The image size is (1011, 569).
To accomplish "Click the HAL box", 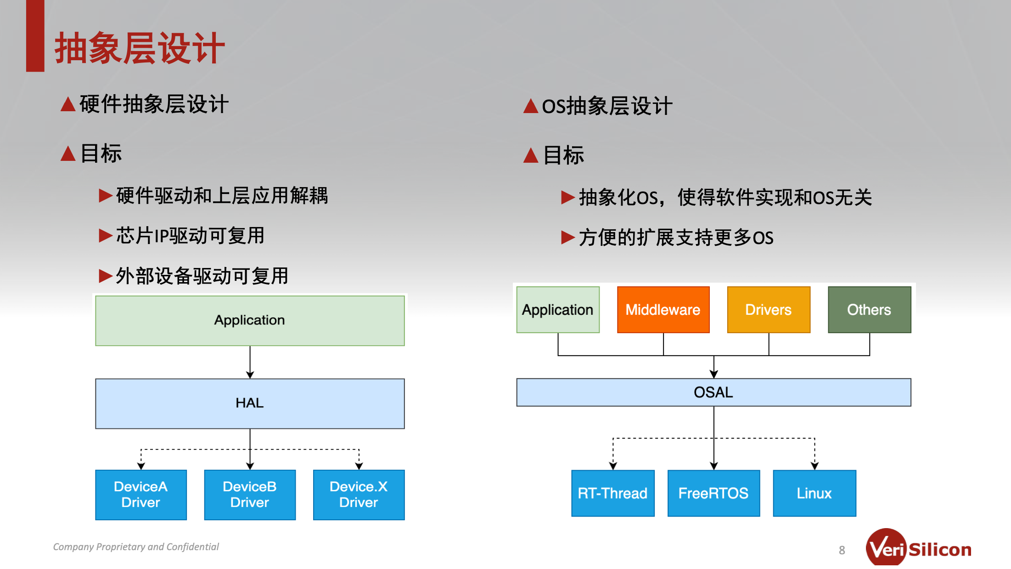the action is click(x=250, y=404).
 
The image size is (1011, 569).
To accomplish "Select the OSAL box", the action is click(x=713, y=393).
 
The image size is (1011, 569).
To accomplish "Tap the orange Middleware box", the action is click(x=663, y=310).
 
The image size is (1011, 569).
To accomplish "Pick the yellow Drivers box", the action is click(x=769, y=310).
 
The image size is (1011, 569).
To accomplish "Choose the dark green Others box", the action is click(x=869, y=310).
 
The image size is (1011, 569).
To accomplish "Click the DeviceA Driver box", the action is click(x=141, y=495).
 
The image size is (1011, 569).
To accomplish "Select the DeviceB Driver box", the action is click(x=250, y=495).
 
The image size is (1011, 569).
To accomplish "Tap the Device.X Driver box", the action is click(x=359, y=495).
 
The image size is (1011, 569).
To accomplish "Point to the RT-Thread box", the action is click(x=612, y=493).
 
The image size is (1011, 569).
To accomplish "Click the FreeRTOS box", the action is click(x=713, y=493).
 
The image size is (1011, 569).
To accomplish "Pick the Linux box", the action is click(x=814, y=493).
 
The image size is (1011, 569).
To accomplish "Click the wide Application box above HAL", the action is click(x=250, y=320).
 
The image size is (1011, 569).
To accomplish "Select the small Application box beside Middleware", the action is click(x=558, y=310).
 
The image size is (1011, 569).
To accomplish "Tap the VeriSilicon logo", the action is click(x=918, y=547).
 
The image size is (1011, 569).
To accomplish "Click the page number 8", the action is click(x=842, y=550).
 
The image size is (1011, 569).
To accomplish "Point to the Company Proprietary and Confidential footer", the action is click(x=136, y=546).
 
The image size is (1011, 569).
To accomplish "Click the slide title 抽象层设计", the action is click(x=140, y=48).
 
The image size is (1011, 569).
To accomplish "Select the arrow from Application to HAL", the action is click(x=250, y=362).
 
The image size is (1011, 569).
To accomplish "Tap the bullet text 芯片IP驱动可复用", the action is click(x=190, y=236).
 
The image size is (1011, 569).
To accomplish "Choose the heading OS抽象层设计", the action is click(x=607, y=106).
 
